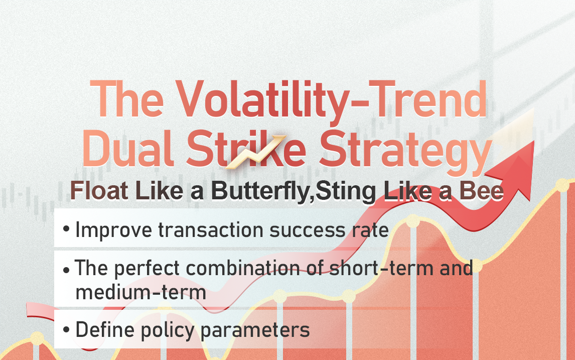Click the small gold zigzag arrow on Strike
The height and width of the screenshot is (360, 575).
click(x=255, y=152)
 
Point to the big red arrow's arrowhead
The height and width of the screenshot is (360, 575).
click(x=513, y=169)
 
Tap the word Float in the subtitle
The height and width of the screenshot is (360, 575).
click(x=99, y=191)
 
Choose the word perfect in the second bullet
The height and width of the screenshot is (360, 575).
click(x=147, y=268)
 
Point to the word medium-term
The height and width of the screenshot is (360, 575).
click(x=141, y=293)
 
